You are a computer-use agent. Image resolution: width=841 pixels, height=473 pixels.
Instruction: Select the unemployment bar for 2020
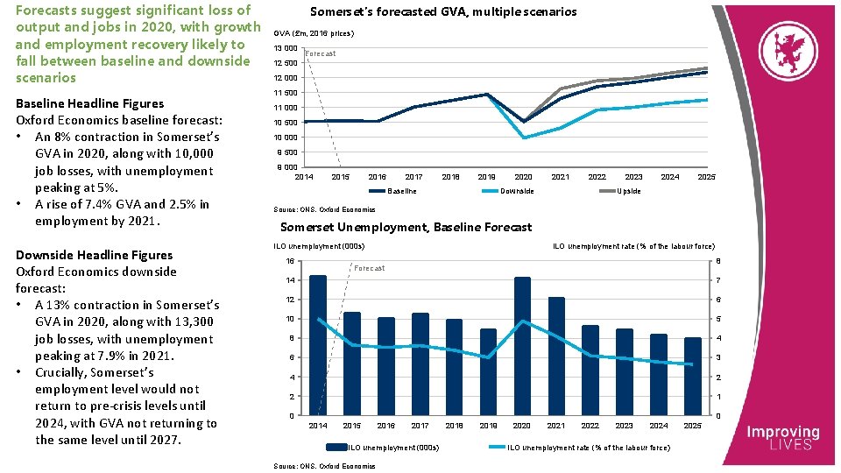(x=522, y=345)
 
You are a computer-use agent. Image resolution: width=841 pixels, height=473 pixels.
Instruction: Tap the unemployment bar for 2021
(x=556, y=356)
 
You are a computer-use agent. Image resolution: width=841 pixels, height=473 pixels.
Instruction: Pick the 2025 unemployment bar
(x=692, y=376)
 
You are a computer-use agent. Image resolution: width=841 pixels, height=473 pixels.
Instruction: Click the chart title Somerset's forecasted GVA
(x=443, y=12)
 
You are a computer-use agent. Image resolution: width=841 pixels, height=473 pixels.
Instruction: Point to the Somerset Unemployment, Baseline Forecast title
(x=406, y=227)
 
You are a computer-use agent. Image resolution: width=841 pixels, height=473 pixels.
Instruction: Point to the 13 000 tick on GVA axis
(x=285, y=47)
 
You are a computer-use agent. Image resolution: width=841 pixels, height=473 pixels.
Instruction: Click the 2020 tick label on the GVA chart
(x=523, y=177)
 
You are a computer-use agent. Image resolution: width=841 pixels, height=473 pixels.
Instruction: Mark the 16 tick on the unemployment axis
(x=290, y=261)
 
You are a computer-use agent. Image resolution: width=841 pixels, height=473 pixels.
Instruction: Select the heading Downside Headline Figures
(x=95, y=255)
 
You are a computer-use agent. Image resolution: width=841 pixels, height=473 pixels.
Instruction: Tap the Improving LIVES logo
(x=782, y=437)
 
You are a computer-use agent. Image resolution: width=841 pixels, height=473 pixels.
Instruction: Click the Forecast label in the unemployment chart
(x=370, y=268)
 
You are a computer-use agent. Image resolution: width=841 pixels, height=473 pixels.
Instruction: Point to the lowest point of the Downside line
(x=524, y=138)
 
